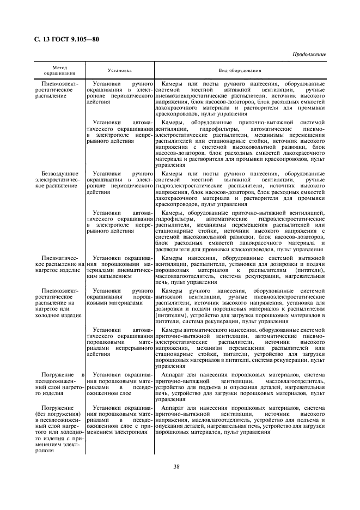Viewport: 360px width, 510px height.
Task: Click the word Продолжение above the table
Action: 309,55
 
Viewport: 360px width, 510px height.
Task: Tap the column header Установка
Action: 120,71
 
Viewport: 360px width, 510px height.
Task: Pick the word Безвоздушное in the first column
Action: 57,173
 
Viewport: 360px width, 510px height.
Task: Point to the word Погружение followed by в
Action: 53,374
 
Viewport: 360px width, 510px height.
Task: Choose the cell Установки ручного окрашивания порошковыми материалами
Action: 119,297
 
